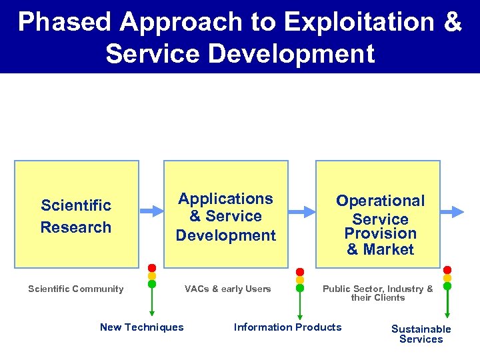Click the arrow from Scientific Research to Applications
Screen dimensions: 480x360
153,211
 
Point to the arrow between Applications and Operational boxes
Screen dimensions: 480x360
302,211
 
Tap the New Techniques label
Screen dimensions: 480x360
141,327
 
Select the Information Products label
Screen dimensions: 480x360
287,327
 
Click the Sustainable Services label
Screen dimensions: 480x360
421,333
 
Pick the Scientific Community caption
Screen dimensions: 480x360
76,289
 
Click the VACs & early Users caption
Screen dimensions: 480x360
227,289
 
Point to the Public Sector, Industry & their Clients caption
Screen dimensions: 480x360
378,293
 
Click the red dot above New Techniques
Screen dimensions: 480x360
152,268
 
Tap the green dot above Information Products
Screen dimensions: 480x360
300,289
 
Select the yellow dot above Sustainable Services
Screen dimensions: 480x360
447,278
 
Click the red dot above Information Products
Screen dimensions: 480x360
300,272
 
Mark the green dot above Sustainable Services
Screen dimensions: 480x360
447,286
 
